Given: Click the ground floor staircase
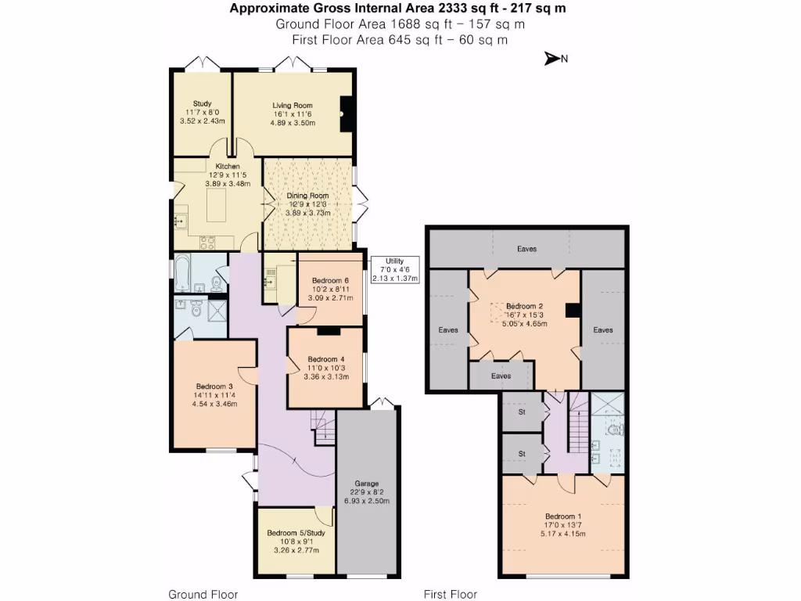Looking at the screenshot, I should click(322, 428).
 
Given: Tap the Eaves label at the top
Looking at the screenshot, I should click(526, 249).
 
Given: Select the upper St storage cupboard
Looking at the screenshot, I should click(521, 412).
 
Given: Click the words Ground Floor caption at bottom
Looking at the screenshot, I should click(203, 594).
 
